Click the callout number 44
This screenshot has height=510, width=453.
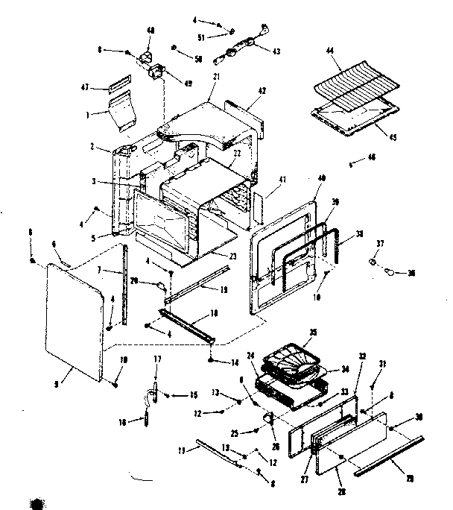pos(331,51)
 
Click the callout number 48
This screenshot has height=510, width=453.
pos(151,31)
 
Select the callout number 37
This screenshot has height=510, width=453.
pos(380,244)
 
